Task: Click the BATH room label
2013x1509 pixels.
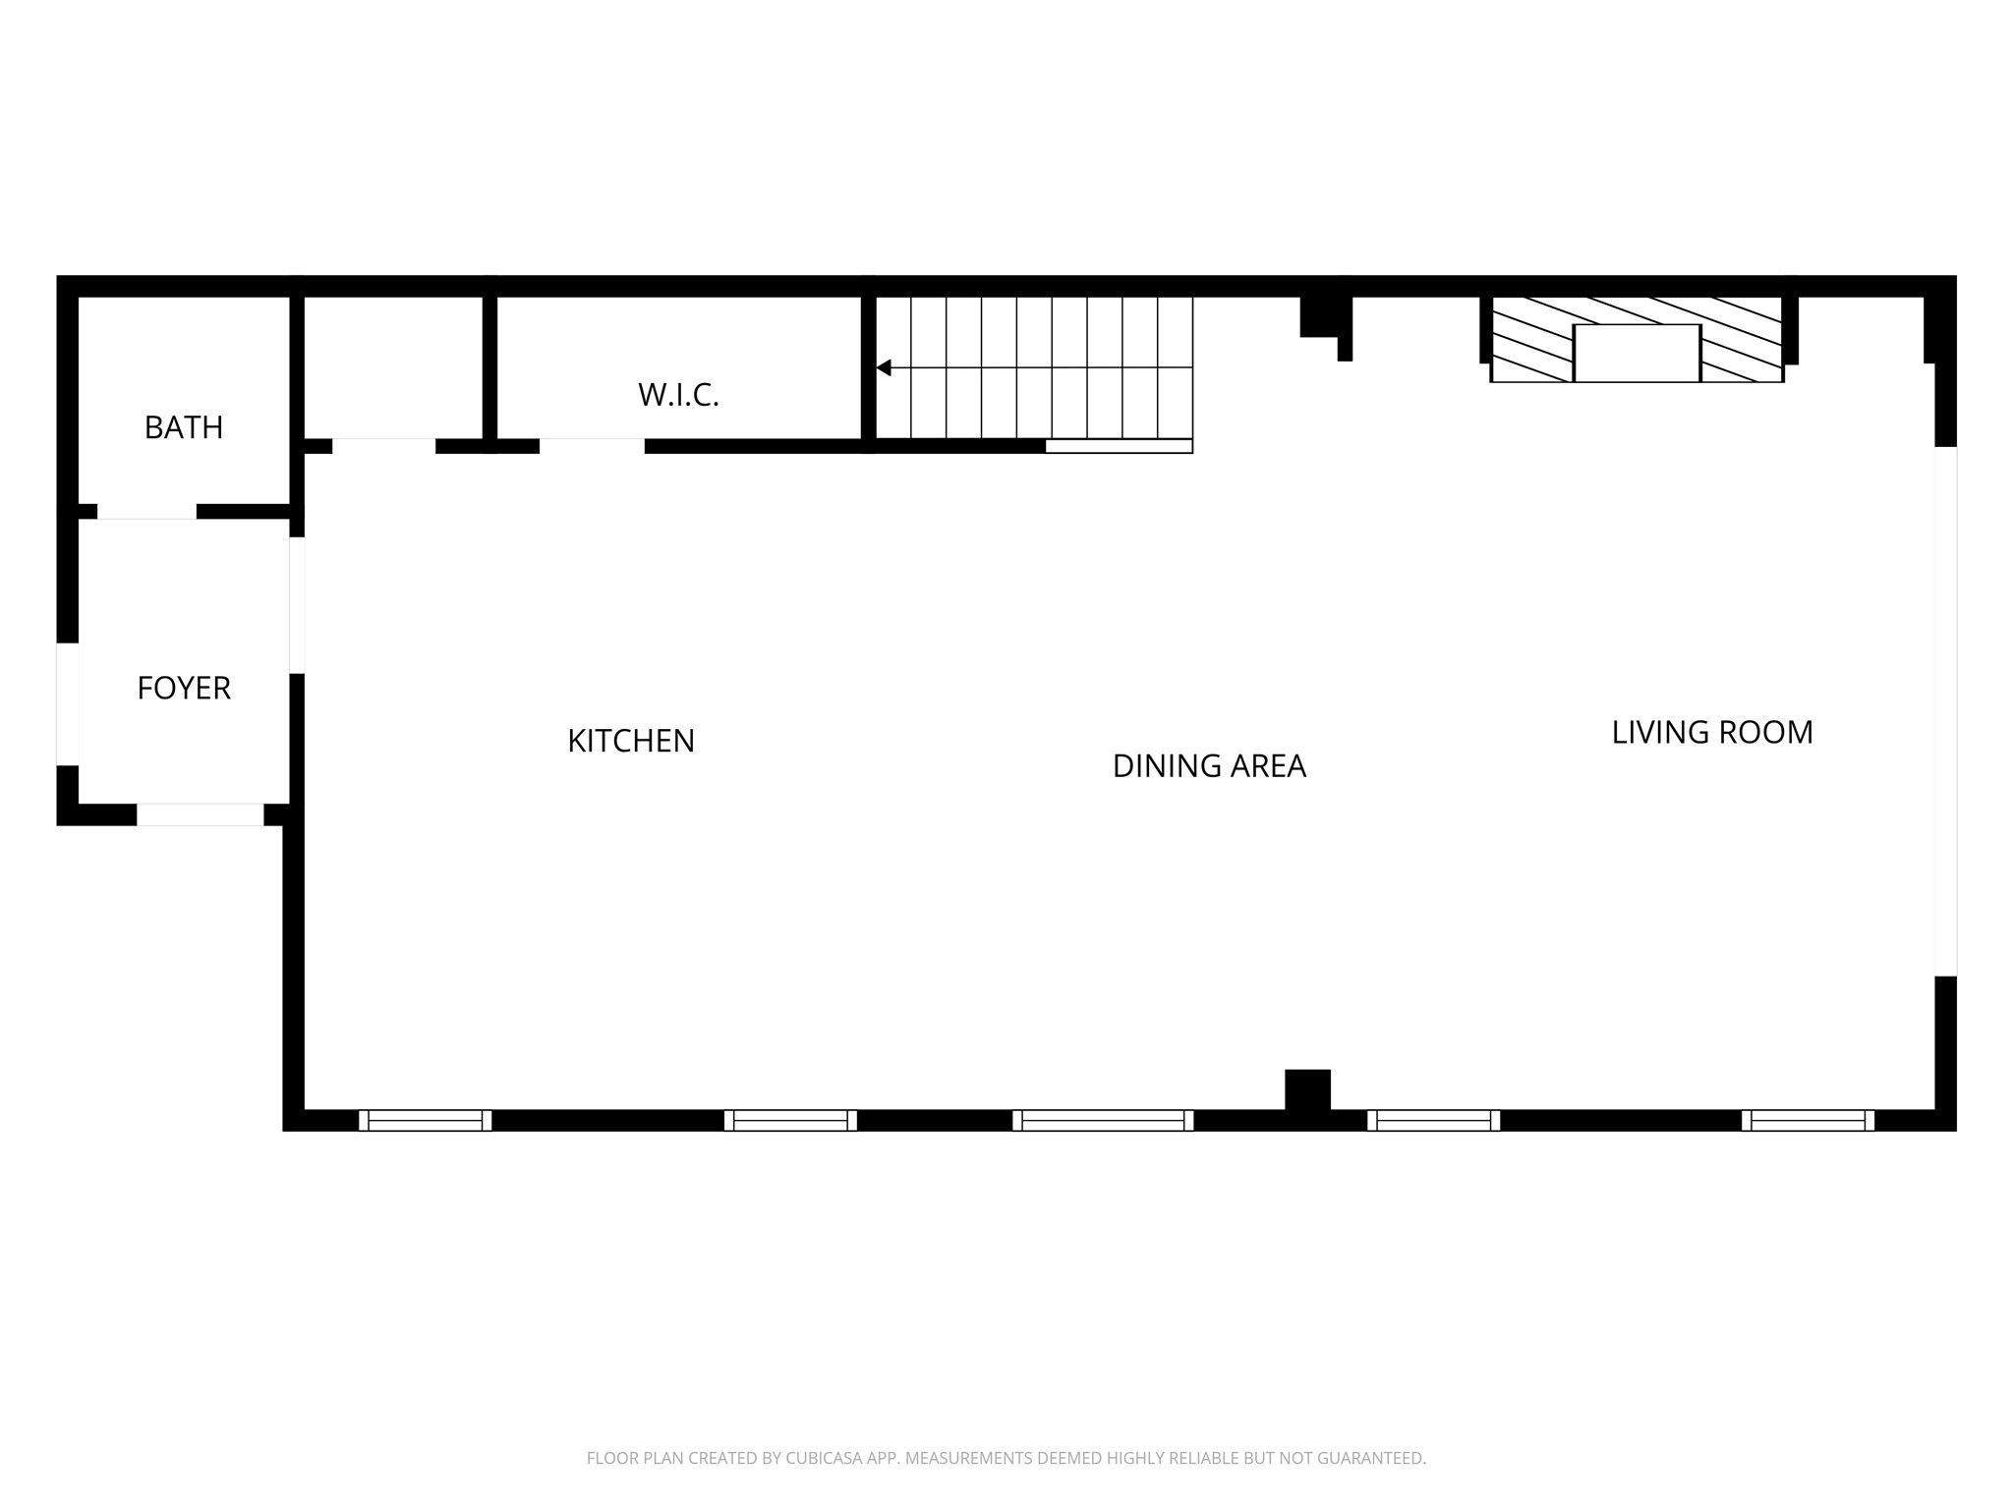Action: pos(184,427)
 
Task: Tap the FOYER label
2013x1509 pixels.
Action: pos(184,688)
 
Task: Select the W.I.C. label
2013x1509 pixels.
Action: pos(678,395)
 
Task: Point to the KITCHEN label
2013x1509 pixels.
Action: pos(631,741)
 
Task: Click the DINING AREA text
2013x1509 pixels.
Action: pos(1209,766)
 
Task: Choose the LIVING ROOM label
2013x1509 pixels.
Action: pos(1712,732)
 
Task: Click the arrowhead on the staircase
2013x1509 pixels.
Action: pos(884,367)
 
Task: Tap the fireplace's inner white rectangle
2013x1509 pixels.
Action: pos(1637,353)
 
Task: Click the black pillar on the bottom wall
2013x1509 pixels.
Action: pos(1307,1090)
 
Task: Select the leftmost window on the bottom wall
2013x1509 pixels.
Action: pos(425,1120)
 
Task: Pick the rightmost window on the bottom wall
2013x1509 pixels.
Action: pos(1808,1120)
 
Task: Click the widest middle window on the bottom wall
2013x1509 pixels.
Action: pos(1103,1120)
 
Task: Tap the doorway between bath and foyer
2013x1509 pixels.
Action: pos(146,511)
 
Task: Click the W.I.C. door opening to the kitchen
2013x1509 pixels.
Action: pos(592,446)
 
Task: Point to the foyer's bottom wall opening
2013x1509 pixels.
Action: pos(201,814)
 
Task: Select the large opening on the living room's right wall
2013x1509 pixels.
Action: pos(1945,711)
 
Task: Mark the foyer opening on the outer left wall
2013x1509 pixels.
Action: pos(67,703)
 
